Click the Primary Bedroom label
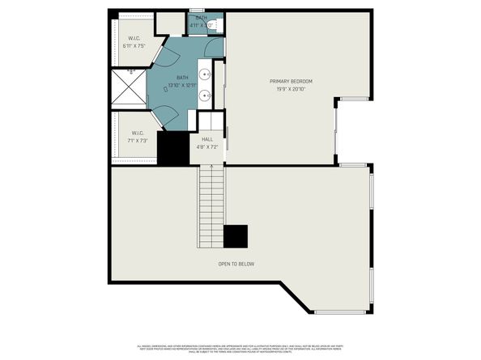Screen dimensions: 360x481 [x=291, y=81]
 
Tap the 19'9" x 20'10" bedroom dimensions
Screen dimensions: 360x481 [x=291, y=89]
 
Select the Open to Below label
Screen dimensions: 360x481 [x=236, y=264]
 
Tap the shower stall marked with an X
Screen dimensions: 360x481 [x=129, y=87]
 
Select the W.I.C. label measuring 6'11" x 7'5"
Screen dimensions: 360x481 [x=134, y=39]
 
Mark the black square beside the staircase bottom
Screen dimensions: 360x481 [x=236, y=236]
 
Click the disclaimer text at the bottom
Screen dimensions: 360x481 [x=240, y=345]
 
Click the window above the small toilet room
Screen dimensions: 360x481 [x=197, y=10]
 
